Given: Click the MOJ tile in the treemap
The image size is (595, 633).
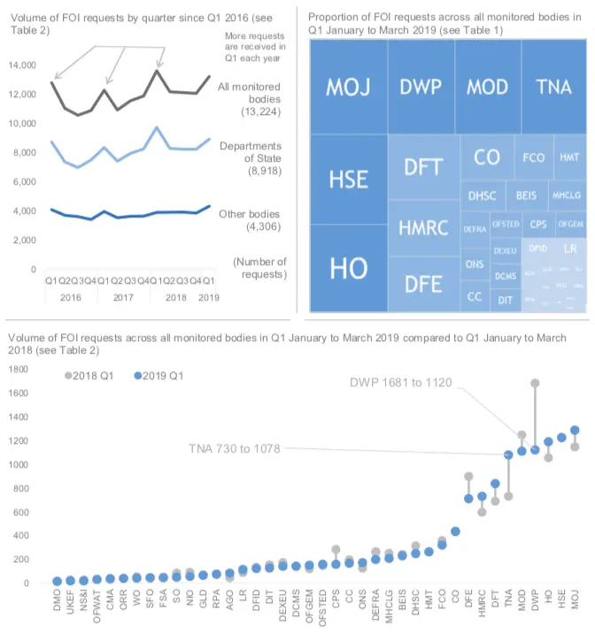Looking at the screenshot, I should pyautogui.click(x=348, y=88).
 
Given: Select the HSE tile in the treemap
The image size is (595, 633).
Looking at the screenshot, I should pyautogui.click(x=348, y=179).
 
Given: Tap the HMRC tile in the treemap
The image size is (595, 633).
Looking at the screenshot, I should pyautogui.click(x=423, y=227).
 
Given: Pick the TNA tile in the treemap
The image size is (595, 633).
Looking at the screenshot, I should pyautogui.click(x=553, y=88).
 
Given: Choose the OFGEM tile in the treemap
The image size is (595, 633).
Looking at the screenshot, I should pyautogui.click(x=569, y=225).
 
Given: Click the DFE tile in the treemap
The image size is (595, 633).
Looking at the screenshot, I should pyautogui.click(x=423, y=284).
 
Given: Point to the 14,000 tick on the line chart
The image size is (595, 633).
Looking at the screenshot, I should pyautogui.click(x=22, y=65).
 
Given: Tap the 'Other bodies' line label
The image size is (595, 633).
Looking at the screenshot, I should pyautogui.click(x=249, y=220).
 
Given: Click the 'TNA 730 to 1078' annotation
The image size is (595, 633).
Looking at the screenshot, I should pyautogui.click(x=234, y=448).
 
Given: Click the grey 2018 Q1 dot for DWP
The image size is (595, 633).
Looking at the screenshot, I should pyautogui.click(x=535, y=384).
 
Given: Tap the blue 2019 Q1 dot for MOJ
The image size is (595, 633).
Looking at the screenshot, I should pyautogui.click(x=575, y=431).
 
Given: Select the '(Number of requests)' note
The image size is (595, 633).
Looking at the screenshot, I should pyautogui.click(x=259, y=268).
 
